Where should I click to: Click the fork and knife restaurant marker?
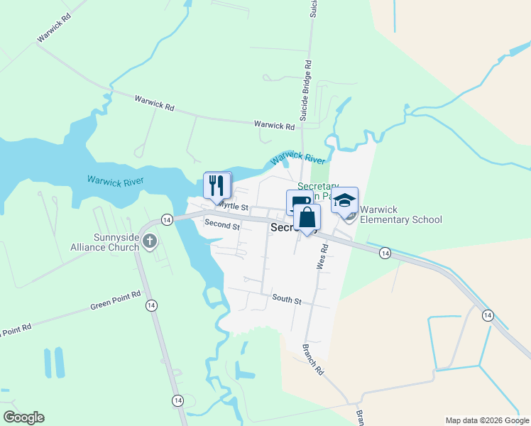point(217,185)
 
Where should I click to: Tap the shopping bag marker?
point(307,218)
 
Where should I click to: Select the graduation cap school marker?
point(344,201)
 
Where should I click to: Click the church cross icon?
point(149,241)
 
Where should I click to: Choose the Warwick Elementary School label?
point(400,215)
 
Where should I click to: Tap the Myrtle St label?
point(232,206)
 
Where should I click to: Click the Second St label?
point(221,224)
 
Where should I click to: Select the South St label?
point(287,300)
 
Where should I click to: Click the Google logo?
point(23,417)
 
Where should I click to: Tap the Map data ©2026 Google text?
point(486,420)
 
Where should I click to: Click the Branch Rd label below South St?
point(312,361)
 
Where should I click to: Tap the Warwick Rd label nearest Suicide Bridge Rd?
point(274,125)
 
